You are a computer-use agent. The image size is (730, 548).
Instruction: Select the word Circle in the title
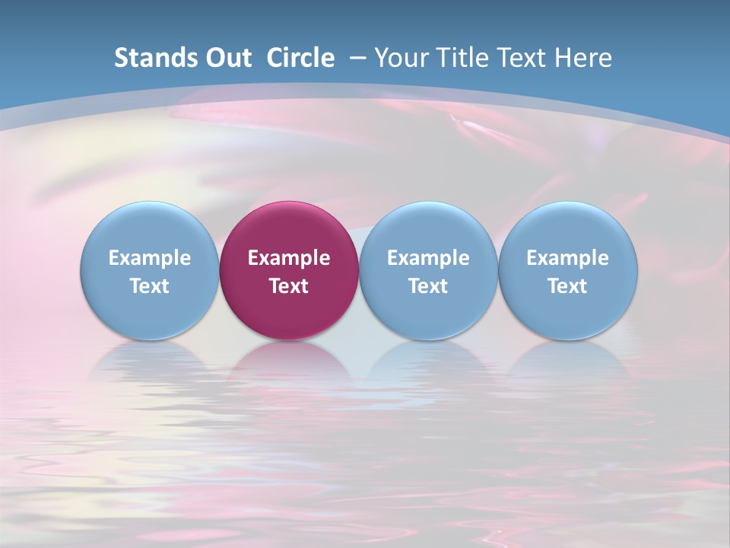point(300,58)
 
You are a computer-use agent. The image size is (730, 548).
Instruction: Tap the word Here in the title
point(585,58)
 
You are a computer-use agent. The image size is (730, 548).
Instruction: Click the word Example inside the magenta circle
point(289,258)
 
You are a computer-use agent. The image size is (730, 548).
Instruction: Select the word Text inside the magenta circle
point(289,286)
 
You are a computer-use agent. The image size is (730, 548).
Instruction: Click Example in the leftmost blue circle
point(150,258)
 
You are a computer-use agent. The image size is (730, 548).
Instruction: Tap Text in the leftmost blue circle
point(150,286)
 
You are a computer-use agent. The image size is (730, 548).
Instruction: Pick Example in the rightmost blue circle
point(567,258)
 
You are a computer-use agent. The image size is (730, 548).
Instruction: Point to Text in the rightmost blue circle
point(567,286)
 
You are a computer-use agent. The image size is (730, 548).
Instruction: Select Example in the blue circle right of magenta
point(428,258)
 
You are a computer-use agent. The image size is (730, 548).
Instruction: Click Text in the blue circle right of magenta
point(428,286)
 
